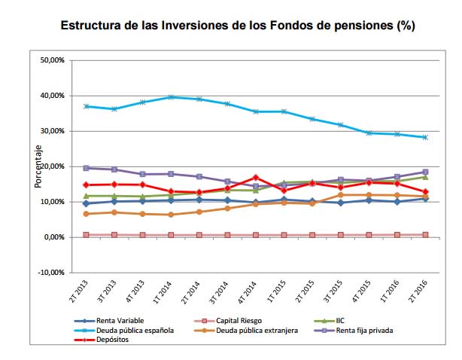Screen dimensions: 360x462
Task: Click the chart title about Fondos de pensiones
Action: (x=238, y=26)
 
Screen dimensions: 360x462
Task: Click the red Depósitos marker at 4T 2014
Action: (x=257, y=178)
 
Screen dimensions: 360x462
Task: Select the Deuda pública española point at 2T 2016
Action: (x=426, y=137)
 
